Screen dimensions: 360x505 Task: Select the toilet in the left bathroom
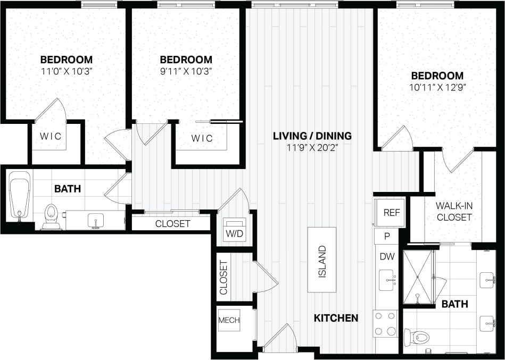coord(51,215)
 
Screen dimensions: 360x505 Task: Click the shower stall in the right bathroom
coord(418,277)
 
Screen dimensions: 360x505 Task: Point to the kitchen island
coord(321,259)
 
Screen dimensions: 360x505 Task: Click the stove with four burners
coord(386,323)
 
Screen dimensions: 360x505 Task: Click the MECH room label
coord(229,320)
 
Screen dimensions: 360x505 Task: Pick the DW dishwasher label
coord(386,256)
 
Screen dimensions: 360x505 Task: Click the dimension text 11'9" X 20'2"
coord(312,147)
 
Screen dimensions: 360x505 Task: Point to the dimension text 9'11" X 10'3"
coord(186,71)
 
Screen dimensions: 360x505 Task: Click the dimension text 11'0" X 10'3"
coord(67,71)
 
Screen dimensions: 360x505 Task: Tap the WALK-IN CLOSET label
coord(454,212)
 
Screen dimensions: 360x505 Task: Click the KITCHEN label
coord(336,318)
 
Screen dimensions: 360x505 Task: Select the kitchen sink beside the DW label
coord(387,279)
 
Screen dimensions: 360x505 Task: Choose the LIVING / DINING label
coord(312,136)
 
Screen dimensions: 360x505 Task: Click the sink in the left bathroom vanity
coord(96,220)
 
